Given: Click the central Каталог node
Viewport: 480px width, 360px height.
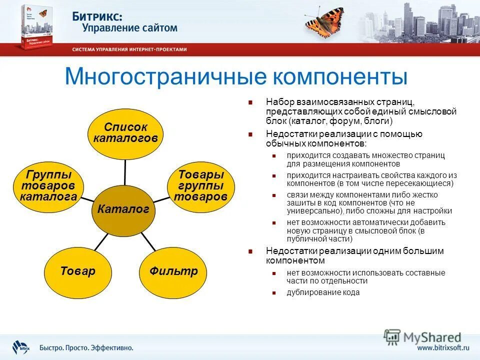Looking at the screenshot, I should (x=123, y=210).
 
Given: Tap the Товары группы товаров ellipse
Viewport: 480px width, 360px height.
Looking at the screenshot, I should (x=200, y=186).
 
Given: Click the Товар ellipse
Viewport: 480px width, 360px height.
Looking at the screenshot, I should (x=77, y=271).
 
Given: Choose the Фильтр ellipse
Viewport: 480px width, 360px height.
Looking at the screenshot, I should (x=173, y=271).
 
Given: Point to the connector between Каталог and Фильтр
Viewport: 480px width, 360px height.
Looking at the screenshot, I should (x=148, y=241).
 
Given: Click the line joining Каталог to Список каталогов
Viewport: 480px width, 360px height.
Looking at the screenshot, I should (x=125, y=170).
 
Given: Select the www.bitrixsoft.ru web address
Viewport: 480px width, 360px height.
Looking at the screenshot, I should (x=443, y=347).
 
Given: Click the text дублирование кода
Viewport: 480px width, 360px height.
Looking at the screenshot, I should (x=323, y=292).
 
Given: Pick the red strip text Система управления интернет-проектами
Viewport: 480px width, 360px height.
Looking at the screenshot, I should (x=129, y=49).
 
